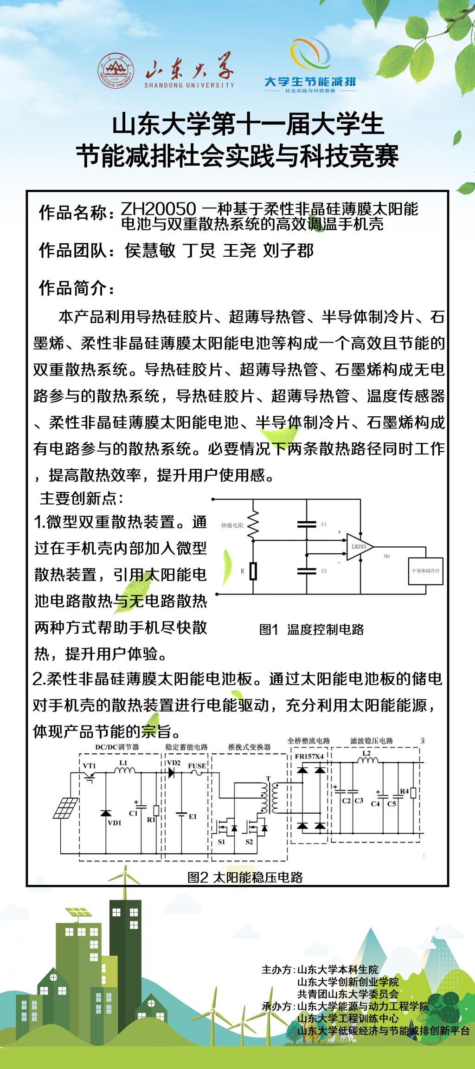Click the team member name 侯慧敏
[150, 251]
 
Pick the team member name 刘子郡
[289, 251]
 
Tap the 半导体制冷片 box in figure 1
[425, 570]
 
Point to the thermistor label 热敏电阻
[232, 525]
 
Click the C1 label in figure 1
[324, 524]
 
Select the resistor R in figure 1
[253, 571]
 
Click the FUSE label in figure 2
[197, 765]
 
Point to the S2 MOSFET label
[249, 842]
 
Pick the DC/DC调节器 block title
[117, 747]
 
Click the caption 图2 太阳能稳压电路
[245, 877]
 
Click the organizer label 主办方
[277, 970]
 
